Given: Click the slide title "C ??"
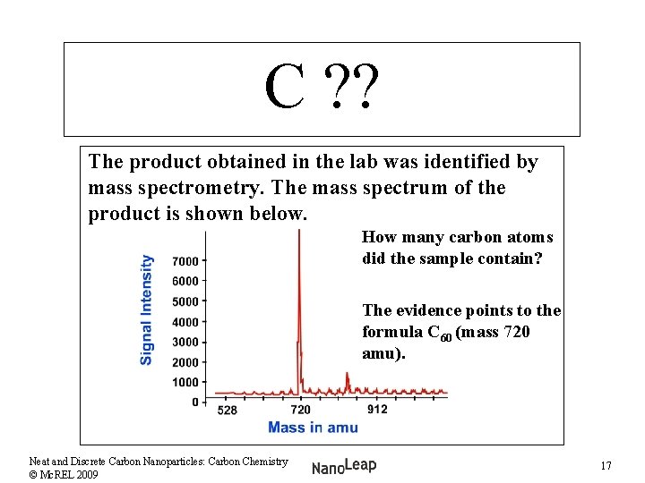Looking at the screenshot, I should tap(322, 89).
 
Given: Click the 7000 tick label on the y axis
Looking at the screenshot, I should tap(185, 261).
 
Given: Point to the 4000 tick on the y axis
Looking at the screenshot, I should tap(185, 322).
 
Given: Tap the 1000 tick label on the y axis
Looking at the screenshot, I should tap(185, 382).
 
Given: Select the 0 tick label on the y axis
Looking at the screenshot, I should tap(194, 402).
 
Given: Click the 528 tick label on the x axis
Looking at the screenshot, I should tap(228, 410).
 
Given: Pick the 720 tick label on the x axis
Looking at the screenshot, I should tap(300, 410).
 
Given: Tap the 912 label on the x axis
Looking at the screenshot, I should tap(377, 410).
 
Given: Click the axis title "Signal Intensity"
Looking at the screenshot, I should tap(147, 309).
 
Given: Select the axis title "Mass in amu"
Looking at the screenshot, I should tap(313, 428).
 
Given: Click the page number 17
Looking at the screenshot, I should tap(606, 466).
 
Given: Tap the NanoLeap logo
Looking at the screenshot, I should tap(344, 466).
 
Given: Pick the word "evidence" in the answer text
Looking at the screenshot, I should tap(426, 310).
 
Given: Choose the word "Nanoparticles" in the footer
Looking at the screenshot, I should tap(175, 462).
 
